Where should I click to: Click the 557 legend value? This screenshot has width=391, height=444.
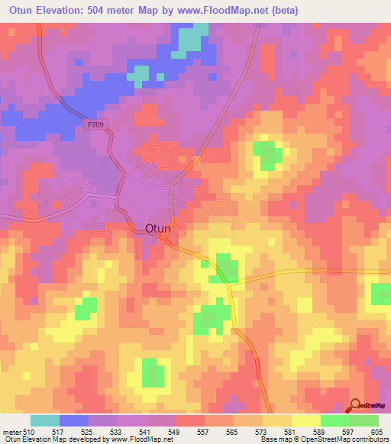[x=204, y=431]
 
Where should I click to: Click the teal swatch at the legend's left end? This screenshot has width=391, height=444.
[x=45, y=420]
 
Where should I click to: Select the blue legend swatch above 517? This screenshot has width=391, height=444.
[x=74, y=420]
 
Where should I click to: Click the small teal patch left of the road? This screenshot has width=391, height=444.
[x=139, y=73]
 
